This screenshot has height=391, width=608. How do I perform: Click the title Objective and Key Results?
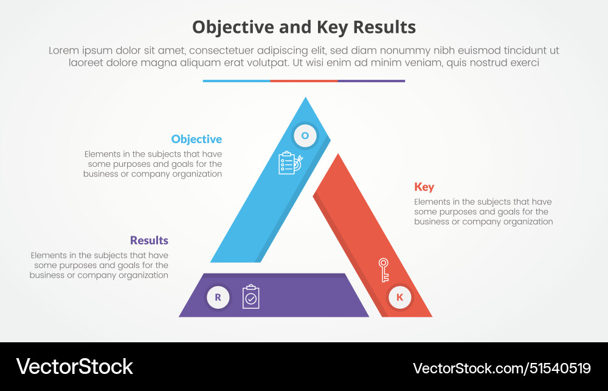pos(304,27)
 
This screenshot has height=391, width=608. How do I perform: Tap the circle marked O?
pos(305,136)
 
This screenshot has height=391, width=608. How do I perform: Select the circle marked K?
pos(399,297)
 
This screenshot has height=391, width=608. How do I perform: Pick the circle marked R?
pos(218,297)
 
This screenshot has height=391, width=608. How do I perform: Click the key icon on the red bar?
pos(384,270)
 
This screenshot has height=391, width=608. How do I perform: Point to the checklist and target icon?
pos(289,163)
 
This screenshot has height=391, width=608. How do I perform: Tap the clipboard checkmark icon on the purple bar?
pos(250,297)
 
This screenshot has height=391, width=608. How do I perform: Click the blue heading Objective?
pos(196,139)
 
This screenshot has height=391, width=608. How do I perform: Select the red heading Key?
pos(424,186)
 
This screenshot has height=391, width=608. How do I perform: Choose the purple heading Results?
pos(149,240)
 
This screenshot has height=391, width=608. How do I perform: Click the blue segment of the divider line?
pos(237,80)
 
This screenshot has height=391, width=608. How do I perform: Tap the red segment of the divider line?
pos(304,80)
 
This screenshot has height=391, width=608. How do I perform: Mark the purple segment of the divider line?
pos(371,80)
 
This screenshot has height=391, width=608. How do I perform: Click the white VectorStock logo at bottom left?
pos(74,367)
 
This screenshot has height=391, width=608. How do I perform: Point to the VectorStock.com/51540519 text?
pos(502,368)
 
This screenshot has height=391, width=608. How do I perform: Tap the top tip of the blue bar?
pos(306,100)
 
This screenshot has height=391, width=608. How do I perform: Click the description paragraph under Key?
pos(483,212)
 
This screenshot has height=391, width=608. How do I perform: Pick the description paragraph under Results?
pos(99,265)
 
